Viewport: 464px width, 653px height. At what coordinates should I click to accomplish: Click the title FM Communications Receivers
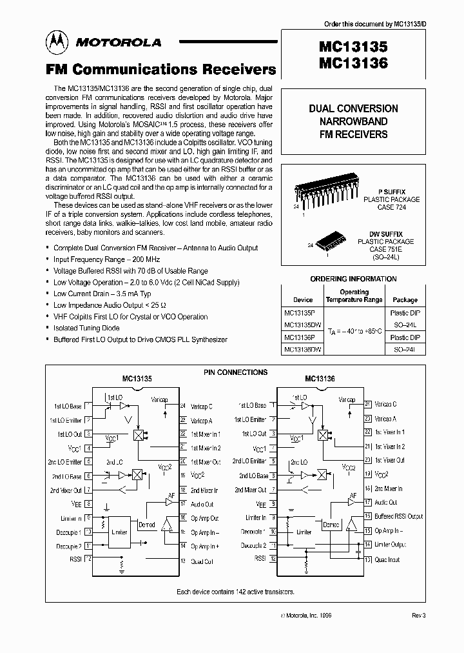(160, 69)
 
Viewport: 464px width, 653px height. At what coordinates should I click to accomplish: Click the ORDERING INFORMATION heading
(354, 279)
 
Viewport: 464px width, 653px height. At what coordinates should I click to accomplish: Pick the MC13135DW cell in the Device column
(303, 325)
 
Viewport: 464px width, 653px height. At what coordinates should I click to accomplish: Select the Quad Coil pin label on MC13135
(202, 561)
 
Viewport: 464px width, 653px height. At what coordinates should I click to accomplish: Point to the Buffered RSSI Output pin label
(398, 516)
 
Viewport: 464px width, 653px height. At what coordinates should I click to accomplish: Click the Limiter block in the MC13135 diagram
(119, 532)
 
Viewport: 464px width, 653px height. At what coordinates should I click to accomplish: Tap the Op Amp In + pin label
(204, 546)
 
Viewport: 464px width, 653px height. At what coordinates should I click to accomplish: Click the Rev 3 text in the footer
(419, 616)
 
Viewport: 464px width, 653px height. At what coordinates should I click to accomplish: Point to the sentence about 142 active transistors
(235, 591)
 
